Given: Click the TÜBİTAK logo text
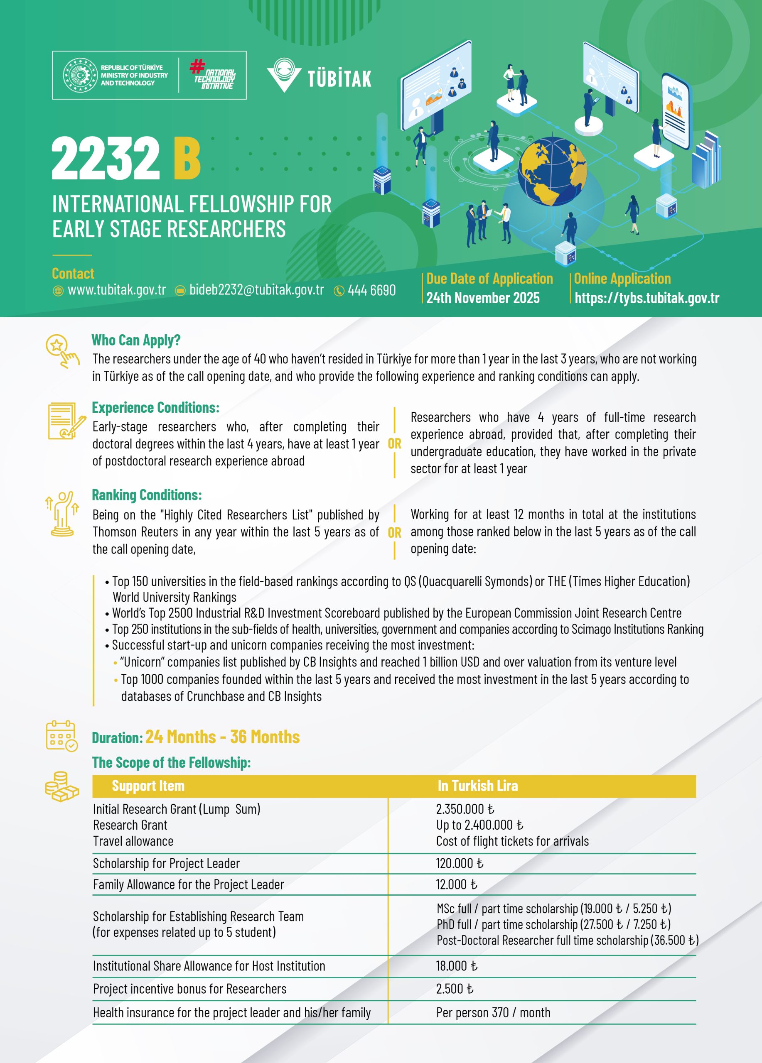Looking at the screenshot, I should pos(339,78).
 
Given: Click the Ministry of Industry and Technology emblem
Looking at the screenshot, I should pos(80,75).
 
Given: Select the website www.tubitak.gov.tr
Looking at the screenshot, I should pos(116,290).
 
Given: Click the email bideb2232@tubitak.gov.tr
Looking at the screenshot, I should pos(256,290).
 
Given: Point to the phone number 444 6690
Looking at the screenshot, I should pos(371,291).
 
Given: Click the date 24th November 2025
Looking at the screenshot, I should pos(482,298).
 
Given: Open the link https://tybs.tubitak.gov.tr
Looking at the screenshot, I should pos(646,298).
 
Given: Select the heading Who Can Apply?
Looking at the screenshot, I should pos(136,340).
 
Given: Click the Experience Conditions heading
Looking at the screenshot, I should pos(155,407).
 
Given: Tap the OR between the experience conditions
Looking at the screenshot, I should pos(394,443).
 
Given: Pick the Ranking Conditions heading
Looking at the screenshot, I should pos(147,495).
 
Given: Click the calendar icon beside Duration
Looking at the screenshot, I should pos(61,736).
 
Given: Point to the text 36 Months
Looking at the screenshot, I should pos(265,737).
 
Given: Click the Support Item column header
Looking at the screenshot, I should pos(148,786).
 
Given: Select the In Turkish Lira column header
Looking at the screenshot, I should pos(477,786).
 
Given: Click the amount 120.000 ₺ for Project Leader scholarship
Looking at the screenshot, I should pos(459,863).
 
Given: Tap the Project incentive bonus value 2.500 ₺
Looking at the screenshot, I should pos(455,989).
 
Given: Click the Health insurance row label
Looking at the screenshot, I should pos(232,1013).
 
